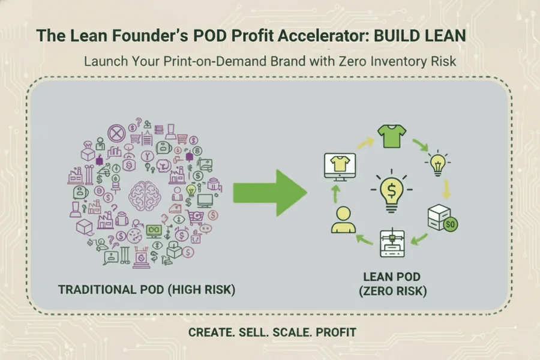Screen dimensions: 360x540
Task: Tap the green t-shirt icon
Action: pos(389,137)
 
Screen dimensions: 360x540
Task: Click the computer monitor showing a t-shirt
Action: pos(339,165)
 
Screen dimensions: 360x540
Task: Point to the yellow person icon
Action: pos(343,219)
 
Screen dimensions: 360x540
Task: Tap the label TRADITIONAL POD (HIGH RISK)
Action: pos(146,290)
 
